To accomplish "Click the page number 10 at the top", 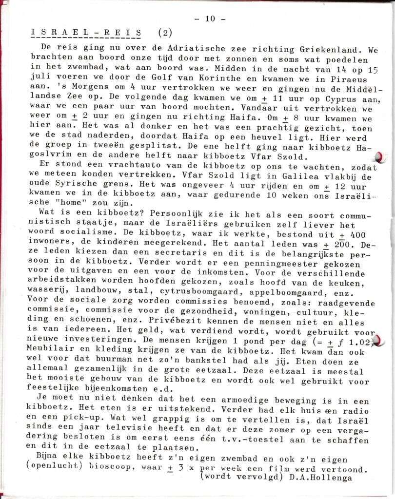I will [x=210, y=19].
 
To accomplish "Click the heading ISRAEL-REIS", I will [x=86, y=33].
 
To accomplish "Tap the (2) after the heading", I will [x=165, y=33].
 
